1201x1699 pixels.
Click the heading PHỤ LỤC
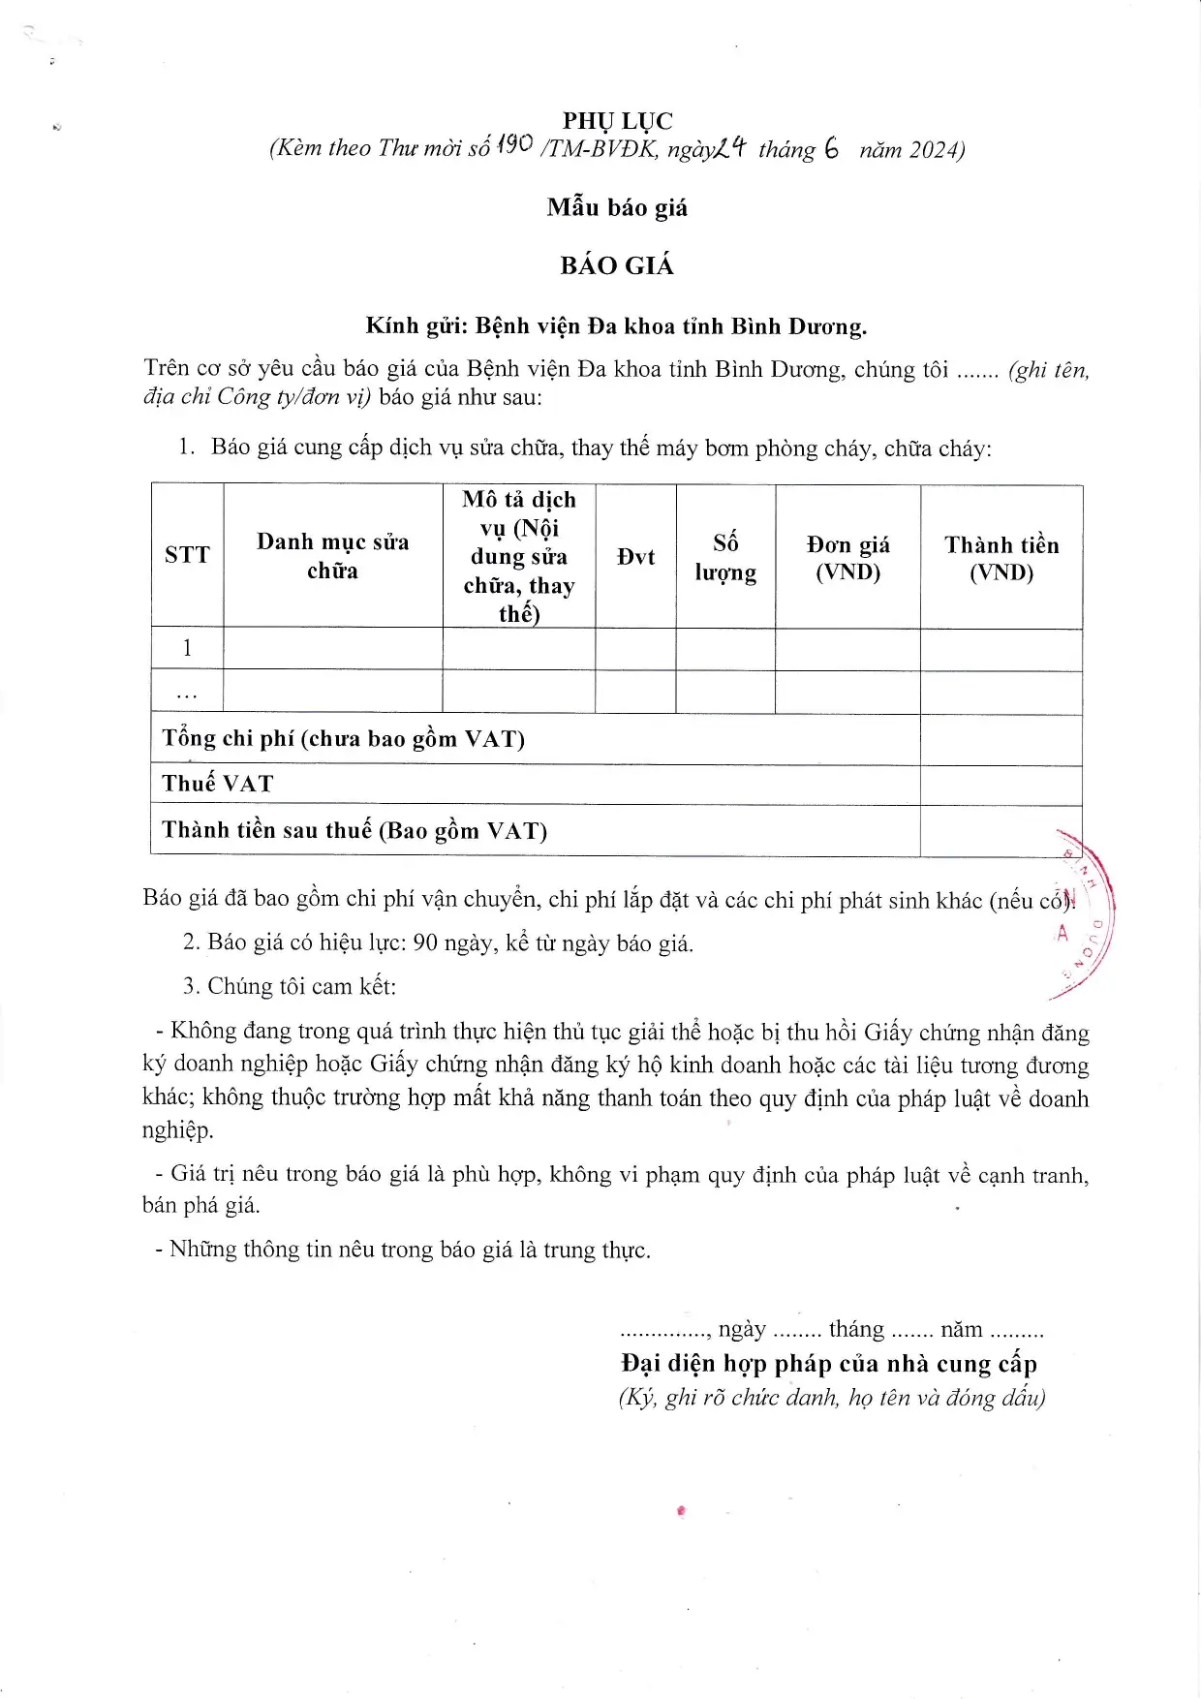click(617, 121)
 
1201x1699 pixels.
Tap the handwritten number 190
click(513, 145)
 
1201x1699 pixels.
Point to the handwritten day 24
click(731, 147)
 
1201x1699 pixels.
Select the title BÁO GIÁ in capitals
click(616, 265)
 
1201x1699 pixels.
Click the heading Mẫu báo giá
click(617, 207)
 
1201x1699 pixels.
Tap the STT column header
click(187, 555)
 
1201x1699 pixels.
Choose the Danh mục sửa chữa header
click(332, 556)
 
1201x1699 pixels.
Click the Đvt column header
click(635, 557)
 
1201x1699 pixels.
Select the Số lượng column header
click(725, 557)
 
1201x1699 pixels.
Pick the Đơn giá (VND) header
click(847, 558)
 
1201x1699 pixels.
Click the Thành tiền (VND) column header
click(1001, 558)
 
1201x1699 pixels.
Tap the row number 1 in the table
click(187, 648)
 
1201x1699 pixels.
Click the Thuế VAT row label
click(218, 784)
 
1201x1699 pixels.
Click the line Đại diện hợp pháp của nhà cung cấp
click(829, 1364)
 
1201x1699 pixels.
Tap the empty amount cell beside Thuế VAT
click(1001, 785)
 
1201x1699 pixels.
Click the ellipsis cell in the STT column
click(187, 694)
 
